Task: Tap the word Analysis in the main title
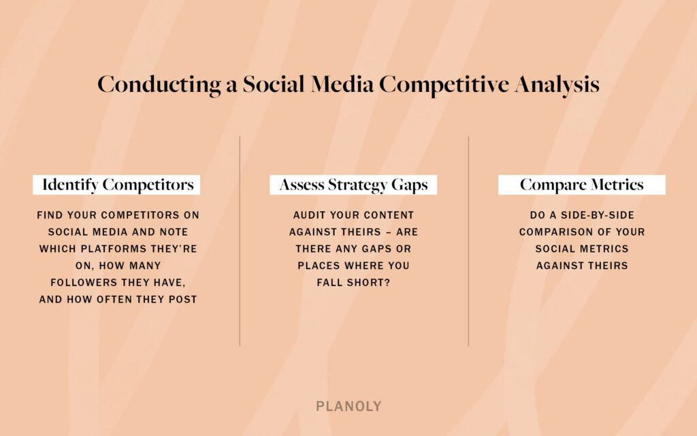(557, 84)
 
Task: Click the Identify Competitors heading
(117, 185)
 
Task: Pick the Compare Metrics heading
(581, 185)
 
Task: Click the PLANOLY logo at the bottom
(348, 407)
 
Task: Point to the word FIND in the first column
(51, 215)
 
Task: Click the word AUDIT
(309, 215)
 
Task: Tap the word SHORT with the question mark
(368, 282)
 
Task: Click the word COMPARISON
(552, 232)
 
